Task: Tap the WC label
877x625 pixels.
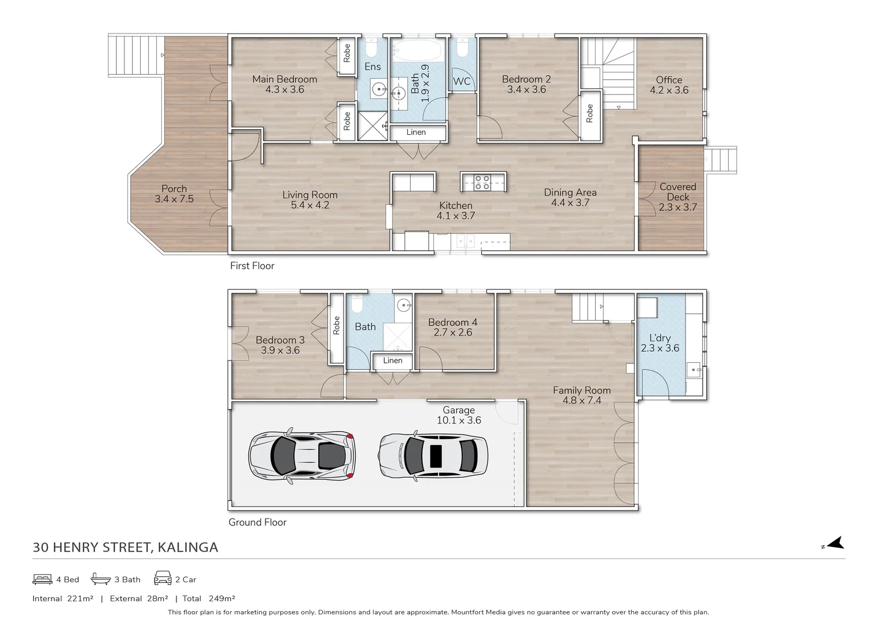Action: point(462,81)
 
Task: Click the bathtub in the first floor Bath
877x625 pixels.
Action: point(417,50)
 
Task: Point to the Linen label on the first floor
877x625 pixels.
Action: point(416,132)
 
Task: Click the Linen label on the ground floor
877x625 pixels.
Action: point(392,361)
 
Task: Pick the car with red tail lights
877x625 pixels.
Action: point(302,456)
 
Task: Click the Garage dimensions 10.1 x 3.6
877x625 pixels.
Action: point(459,420)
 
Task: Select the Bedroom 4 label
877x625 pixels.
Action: point(452,322)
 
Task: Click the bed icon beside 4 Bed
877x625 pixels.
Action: point(42,579)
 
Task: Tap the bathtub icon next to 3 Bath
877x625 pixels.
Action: point(101,579)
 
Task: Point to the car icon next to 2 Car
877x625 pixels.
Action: point(163,578)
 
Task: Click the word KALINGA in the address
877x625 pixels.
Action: point(187,547)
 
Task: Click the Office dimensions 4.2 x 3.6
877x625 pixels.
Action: point(669,90)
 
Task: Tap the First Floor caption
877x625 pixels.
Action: point(252,266)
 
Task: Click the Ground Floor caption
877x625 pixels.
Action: point(257,523)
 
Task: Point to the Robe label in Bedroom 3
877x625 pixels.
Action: point(336,325)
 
